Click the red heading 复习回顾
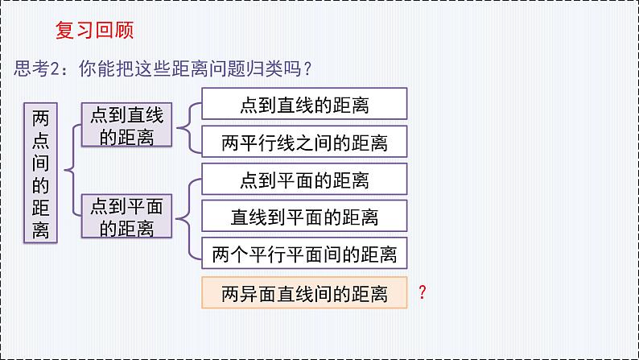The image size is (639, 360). coord(94,31)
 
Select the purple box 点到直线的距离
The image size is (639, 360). coord(127,126)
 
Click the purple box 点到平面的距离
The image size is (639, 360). coord(127,217)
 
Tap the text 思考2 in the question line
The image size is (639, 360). coord(39,70)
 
